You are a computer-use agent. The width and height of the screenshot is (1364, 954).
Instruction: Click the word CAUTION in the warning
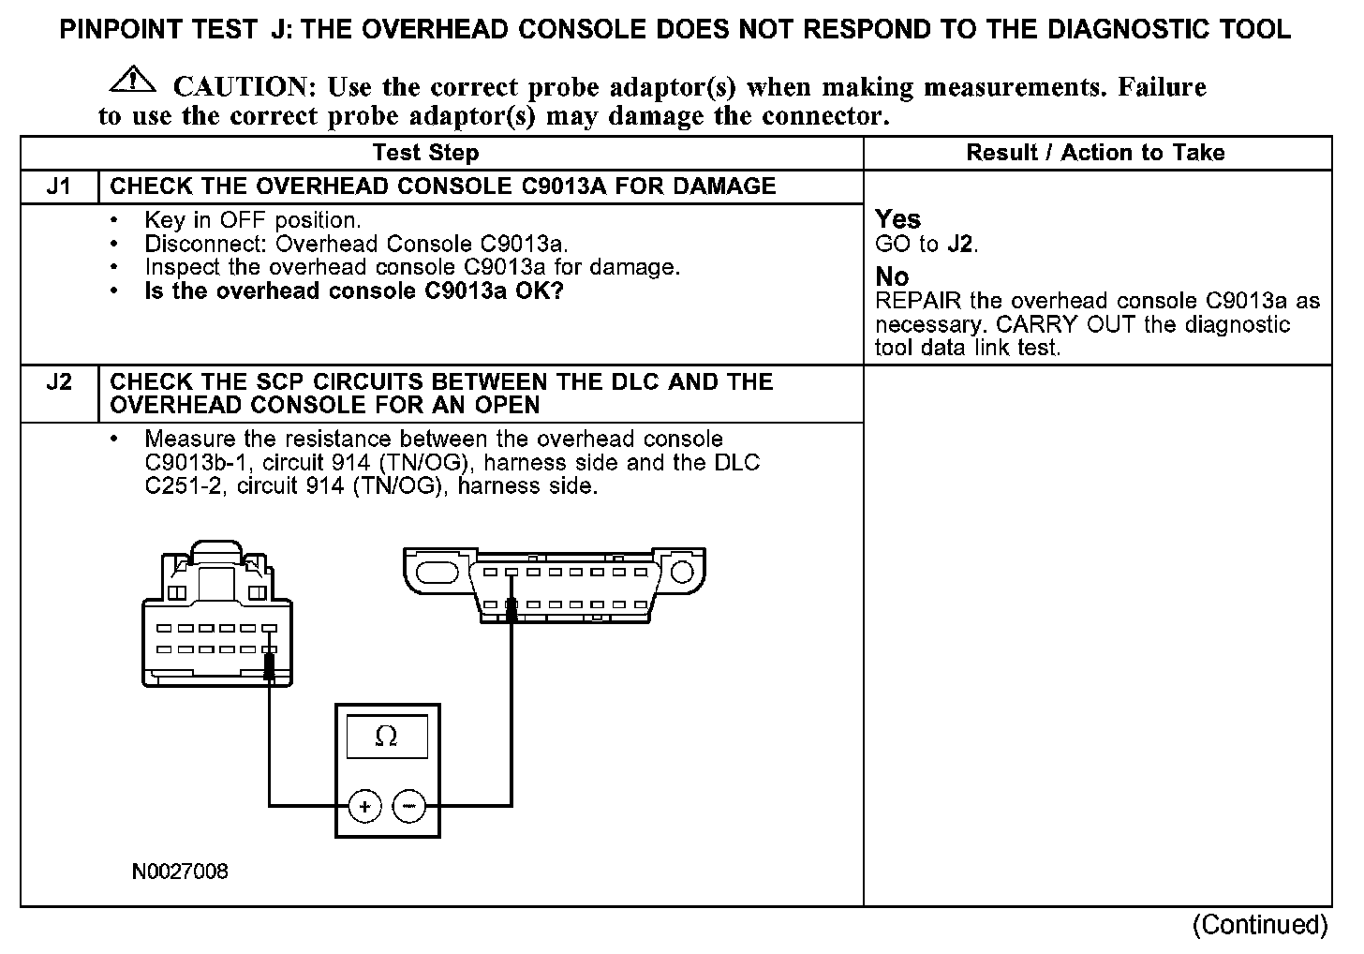click(x=240, y=87)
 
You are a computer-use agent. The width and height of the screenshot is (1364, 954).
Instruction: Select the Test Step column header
click(x=425, y=153)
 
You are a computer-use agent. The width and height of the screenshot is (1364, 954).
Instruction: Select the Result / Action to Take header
click(x=1095, y=153)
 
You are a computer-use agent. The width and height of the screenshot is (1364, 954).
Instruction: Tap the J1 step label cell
click(x=58, y=186)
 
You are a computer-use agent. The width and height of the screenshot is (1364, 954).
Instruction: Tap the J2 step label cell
click(x=58, y=382)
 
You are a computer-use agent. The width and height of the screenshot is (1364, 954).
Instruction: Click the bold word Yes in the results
click(x=897, y=219)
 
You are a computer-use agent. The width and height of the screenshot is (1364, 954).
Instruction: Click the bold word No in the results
click(x=892, y=276)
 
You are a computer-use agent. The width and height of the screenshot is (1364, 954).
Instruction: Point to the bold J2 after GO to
click(x=959, y=245)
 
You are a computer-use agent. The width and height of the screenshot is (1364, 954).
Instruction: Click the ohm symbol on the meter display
click(x=386, y=737)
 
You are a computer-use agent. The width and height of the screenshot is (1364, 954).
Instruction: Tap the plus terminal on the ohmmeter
click(x=364, y=806)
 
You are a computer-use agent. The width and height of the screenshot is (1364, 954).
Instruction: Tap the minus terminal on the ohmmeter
click(x=408, y=806)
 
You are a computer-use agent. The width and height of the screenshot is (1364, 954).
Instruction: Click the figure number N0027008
click(x=180, y=872)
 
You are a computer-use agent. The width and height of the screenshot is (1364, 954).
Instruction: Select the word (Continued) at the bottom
click(x=1259, y=925)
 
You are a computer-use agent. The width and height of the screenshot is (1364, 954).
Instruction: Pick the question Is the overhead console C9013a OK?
click(x=353, y=291)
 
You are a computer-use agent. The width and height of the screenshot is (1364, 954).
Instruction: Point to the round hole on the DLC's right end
click(x=683, y=572)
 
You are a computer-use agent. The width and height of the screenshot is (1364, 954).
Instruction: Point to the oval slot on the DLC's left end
click(x=434, y=573)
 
